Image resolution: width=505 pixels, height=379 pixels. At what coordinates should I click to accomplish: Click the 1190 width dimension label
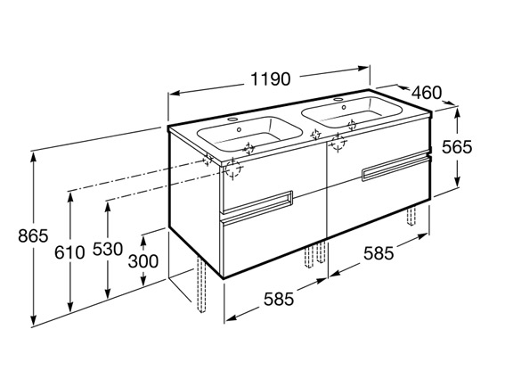[x=270, y=79]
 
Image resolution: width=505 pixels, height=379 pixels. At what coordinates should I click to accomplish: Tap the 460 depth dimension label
[x=427, y=93]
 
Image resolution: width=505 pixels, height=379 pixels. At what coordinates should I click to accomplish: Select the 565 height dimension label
[x=457, y=147]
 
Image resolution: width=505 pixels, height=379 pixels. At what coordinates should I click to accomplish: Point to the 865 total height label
[x=33, y=235]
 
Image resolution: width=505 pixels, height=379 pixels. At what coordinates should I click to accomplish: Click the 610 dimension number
[x=69, y=252]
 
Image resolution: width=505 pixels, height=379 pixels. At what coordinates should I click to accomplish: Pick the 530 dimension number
[x=108, y=249]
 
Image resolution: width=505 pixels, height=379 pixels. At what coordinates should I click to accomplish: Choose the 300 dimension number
[x=143, y=261]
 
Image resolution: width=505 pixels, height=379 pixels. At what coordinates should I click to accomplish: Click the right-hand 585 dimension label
[x=379, y=253]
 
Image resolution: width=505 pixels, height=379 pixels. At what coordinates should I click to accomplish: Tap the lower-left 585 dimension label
[x=279, y=299]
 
